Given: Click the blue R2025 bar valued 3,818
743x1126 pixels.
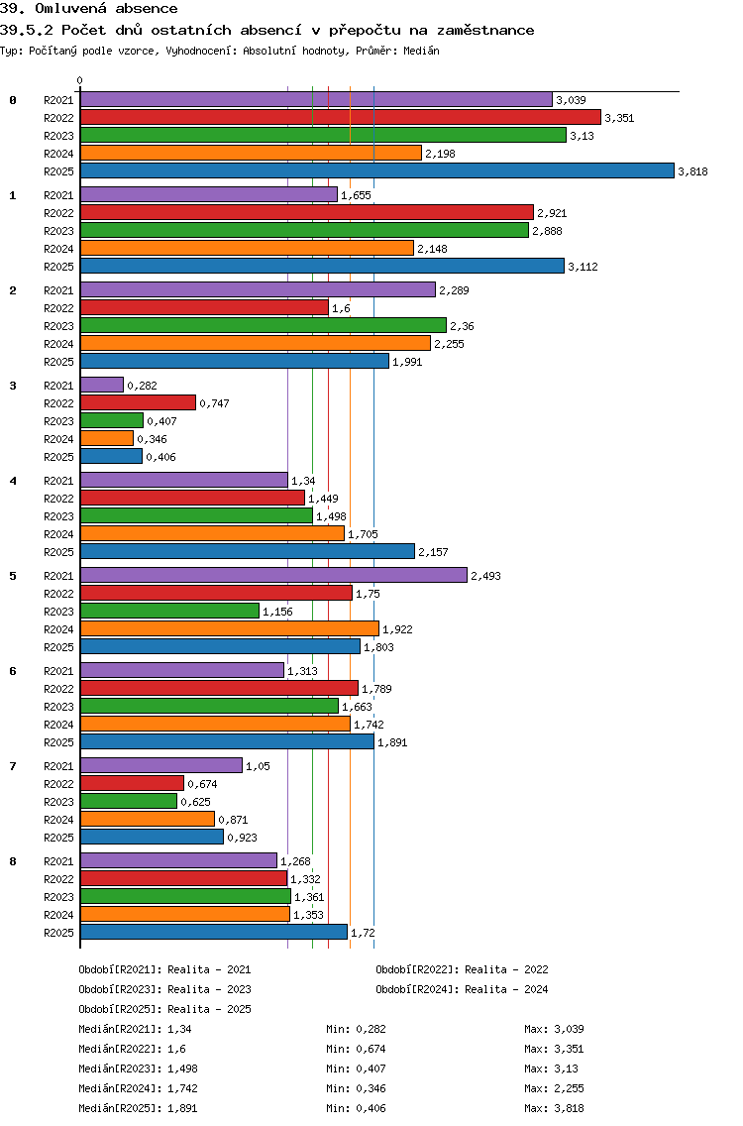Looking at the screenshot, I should pos(376,170).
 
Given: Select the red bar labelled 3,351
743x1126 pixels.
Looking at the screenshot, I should pos(340,117).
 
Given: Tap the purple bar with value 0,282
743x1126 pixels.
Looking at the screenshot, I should pos(101,385).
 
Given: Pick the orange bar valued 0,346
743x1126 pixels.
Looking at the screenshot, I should pos(106,438).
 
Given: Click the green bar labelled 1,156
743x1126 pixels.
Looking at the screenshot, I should pos(169,611).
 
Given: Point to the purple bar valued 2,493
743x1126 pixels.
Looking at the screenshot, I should pos(272,575).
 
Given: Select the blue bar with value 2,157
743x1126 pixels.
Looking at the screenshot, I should pos(247,551).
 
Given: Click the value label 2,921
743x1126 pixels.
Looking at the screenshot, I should pos(552,213).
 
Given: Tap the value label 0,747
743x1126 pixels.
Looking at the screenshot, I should pos(215,403).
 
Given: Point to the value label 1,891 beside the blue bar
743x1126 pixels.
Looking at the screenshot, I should pos(392,742).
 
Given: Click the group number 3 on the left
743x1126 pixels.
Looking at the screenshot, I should pos(13,386).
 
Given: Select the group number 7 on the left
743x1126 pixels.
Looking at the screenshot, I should pos(13,766).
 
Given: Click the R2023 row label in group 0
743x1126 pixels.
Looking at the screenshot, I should pos(58,136).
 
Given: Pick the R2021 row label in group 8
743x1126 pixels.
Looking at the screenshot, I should pos(58,861).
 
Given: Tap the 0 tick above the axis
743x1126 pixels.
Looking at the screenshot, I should pos(80,80).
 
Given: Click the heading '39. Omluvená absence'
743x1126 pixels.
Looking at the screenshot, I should pos(89,9).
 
